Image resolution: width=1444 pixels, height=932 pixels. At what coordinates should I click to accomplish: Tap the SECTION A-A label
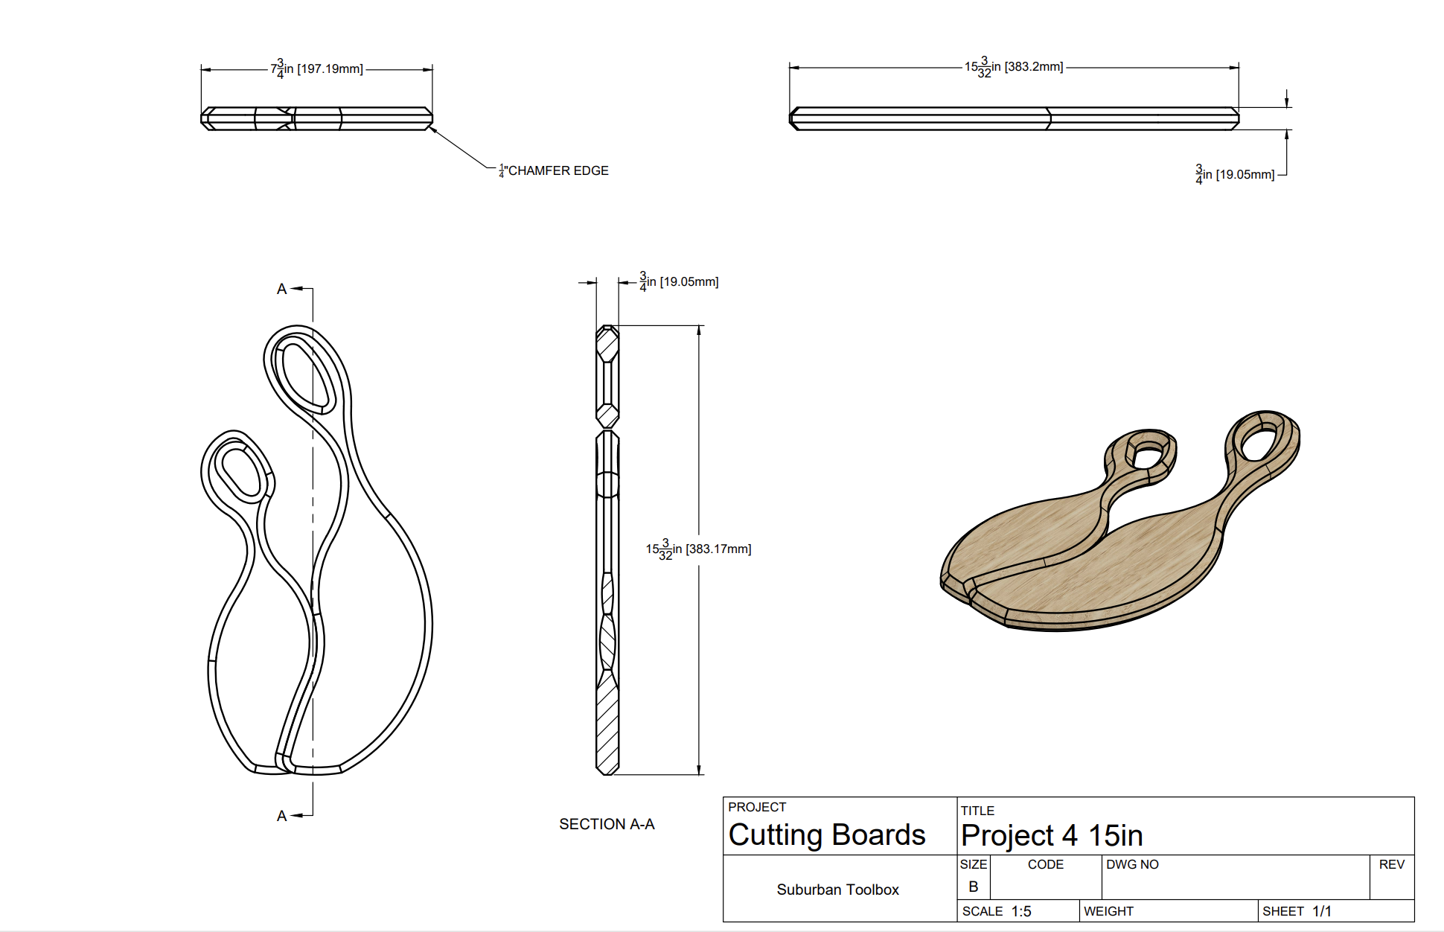[607, 824]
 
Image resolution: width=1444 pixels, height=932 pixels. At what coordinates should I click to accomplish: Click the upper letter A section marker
[281, 289]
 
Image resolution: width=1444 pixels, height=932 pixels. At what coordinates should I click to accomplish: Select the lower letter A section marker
[281, 816]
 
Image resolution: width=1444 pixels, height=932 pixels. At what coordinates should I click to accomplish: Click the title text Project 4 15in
[1051, 835]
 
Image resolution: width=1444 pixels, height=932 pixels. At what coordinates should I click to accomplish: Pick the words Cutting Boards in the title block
[826, 834]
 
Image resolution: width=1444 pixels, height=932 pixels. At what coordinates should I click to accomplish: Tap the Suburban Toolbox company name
[837, 890]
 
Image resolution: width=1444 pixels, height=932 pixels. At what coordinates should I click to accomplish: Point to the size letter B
[973, 887]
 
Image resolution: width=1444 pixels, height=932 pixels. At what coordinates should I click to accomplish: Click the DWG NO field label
[1132, 864]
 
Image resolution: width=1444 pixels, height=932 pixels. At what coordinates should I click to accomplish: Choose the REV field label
[1391, 864]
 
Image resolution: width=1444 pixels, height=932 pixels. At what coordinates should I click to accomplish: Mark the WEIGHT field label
[1108, 911]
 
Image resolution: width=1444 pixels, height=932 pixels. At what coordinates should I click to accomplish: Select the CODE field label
[1045, 864]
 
